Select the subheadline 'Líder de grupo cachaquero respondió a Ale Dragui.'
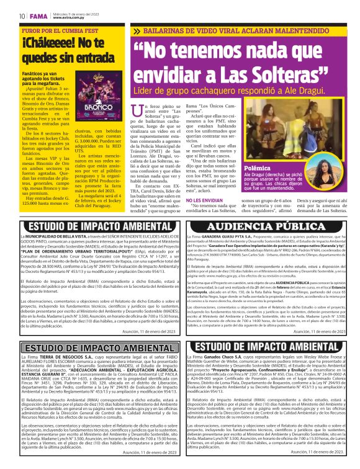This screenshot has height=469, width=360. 218,92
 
